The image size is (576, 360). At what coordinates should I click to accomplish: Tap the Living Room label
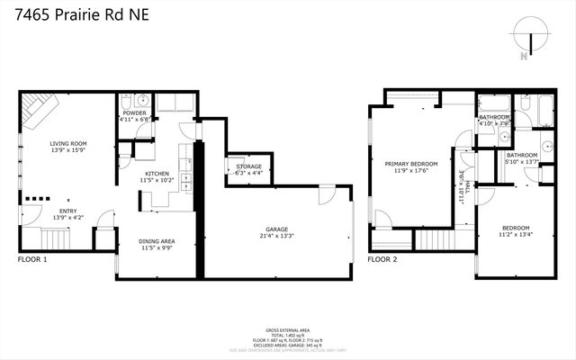click(x=67, y=142)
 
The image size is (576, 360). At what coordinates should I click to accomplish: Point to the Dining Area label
click(x=156, y=241)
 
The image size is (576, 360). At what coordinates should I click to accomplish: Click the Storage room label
click(x=248, y=166)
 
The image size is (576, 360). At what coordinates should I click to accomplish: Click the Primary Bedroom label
click(x=411, y=165)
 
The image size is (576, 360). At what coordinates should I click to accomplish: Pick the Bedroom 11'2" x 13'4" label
click(x=516, y=227)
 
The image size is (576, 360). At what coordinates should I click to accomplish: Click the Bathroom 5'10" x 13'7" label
click(x=522, y=156)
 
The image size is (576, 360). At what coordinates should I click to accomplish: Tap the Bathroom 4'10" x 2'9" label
click(x=494, y=117)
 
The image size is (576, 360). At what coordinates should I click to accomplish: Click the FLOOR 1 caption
click(x=32, y=260)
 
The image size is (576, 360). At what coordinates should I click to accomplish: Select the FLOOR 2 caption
click(x=382, y=260)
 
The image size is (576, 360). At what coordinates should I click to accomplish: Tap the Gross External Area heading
click(x=288, y=329)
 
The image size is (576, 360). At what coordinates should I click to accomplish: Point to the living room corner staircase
click(x=40, y=111)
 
